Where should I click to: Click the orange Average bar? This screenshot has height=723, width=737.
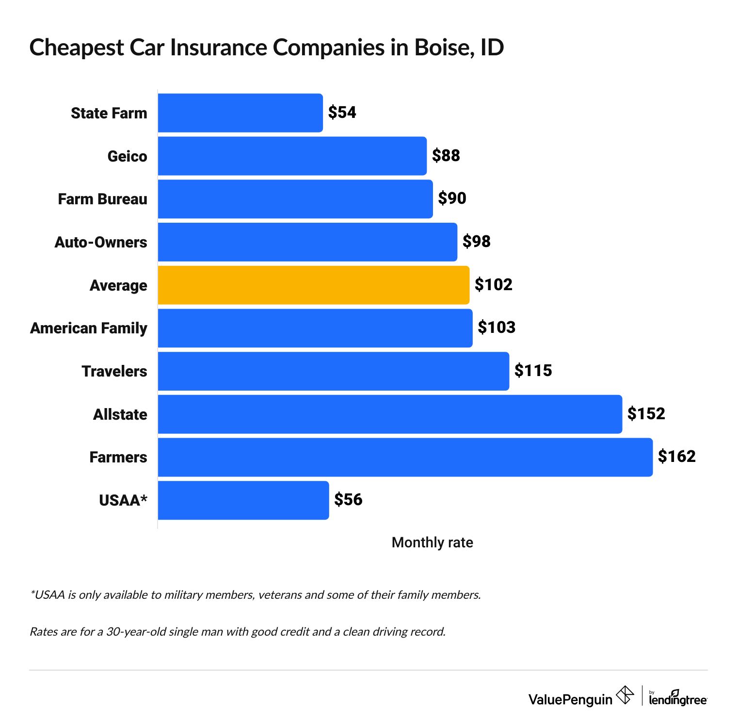(313, 285)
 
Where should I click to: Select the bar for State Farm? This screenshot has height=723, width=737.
(240, 113)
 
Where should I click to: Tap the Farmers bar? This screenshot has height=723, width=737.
(405, 457)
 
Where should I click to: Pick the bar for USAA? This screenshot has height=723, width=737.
(243, 500)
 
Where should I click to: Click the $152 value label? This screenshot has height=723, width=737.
(646, 413)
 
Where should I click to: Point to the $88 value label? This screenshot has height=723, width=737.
(446, 156)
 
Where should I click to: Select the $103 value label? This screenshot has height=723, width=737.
(496, 328)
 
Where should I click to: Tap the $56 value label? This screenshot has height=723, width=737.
(348, 500)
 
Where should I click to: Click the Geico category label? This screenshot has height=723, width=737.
(127, 156)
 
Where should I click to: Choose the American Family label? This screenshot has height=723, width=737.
(89, 329)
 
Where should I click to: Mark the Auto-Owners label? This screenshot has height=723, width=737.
(101, 242)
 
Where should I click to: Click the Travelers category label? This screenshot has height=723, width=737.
(114, 371)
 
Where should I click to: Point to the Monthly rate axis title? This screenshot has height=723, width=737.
(432, 542)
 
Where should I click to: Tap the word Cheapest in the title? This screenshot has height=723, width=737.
(76, 48)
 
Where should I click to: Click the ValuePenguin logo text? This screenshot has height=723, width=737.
(570, 699)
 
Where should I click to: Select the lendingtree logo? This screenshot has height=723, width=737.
(678, 698)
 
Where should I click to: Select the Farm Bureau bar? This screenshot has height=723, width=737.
(295, 199)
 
